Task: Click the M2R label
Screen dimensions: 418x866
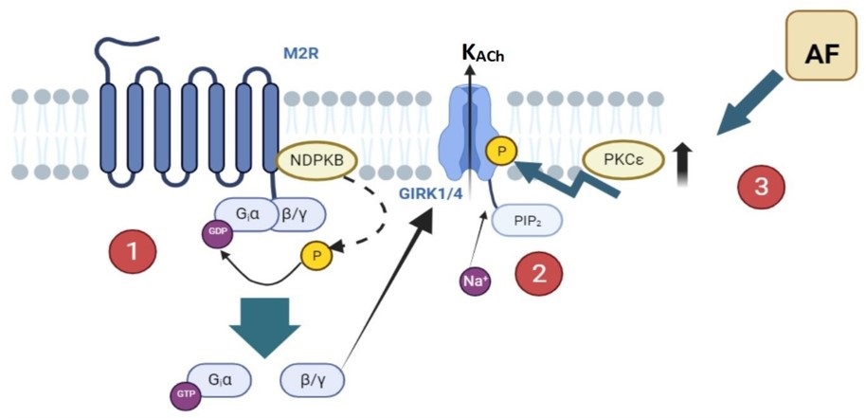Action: coord(300,53)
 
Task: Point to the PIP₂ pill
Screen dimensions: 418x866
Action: coord(526,221)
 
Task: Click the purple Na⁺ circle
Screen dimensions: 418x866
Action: coord(476,280)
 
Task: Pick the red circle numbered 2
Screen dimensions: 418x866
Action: coord(539,274)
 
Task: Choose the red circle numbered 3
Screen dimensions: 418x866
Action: coord(760,188)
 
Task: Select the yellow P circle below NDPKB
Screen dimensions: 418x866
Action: coord(314,254)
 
